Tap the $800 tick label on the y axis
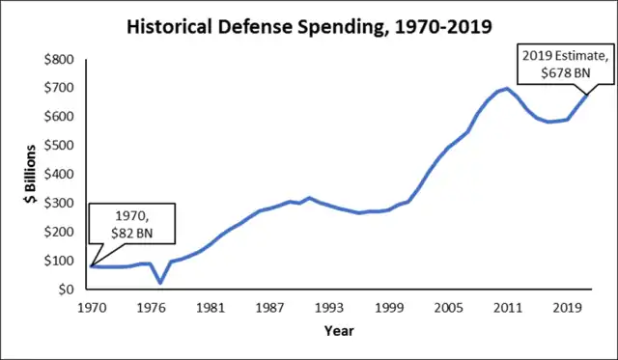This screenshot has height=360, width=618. click(59, 60)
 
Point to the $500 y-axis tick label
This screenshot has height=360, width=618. click(59, 146)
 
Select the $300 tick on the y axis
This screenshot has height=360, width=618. click(59, 203)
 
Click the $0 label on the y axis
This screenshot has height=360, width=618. click(67, 290)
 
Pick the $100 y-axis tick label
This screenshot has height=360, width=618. click(59, 261)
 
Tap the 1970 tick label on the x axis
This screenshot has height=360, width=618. click(92, 308)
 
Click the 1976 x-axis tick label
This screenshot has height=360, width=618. click(151, 308)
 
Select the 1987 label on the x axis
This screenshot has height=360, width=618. click(270, 308)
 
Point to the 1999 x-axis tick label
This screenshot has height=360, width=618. click(389, 308)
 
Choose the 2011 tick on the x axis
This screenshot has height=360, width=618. click(508, 308)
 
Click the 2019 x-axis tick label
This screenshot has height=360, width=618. click(567, 308)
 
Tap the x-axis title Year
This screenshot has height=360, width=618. click(339, 331)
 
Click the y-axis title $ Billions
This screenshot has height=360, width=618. click(30, 174)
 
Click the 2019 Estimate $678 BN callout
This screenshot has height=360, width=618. click(566, 65)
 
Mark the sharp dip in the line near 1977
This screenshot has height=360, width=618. click(160, 283)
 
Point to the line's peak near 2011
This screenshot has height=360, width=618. click(507, 89)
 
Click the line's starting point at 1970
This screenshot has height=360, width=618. click(92, 266)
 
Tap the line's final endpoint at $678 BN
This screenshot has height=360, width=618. click(587, 95)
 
